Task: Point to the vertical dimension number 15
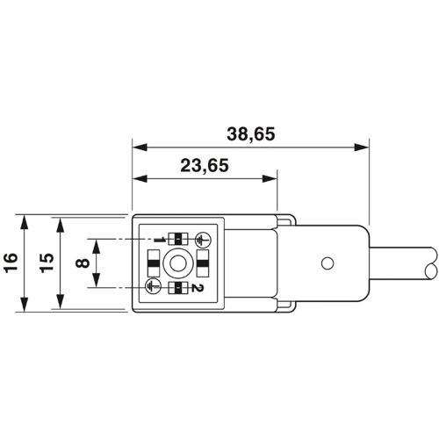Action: tap(47, 262)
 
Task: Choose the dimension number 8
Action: tap(82, 262)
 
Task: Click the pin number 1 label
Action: tap(160, 239)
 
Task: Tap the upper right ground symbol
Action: tap(201, 238)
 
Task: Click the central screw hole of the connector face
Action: tap(178, 263)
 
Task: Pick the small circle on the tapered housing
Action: tap(327, 263)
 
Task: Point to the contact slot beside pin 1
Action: tap(178, 238)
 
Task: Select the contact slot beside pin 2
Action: tap(178, 287)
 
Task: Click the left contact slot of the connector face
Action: tap(153, 263)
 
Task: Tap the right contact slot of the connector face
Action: tap(203, 263)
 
